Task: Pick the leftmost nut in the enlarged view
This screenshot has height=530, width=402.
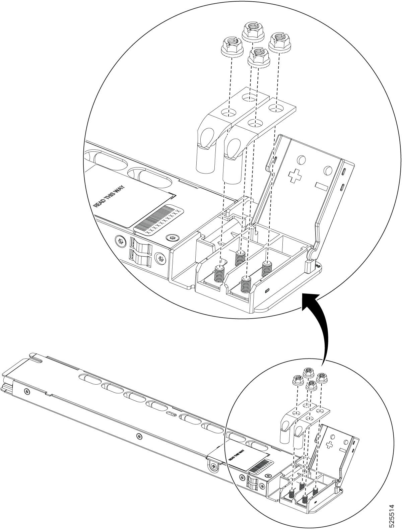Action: click(230, 46)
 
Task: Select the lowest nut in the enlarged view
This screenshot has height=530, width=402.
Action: click(257, 57)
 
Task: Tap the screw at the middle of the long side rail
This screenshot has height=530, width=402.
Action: click(139, 436)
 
